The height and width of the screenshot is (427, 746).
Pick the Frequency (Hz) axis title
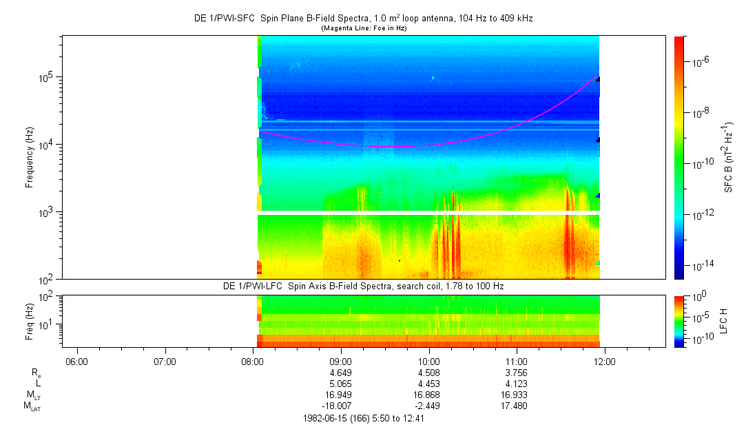pos(30,158)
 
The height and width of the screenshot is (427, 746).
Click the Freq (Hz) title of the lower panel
pos(30,320)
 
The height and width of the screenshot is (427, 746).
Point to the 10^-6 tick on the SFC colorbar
pos(700,63)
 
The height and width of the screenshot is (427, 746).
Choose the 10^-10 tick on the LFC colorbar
pos(698,339)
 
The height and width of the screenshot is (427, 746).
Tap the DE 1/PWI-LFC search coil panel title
pos(363,286)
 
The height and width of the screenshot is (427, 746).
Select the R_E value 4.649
pos(341,373)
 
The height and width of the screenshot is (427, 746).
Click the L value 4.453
pos(429,384)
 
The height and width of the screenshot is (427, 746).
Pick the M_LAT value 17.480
pos(517,406)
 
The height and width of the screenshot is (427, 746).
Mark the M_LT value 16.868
pos(429,395)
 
